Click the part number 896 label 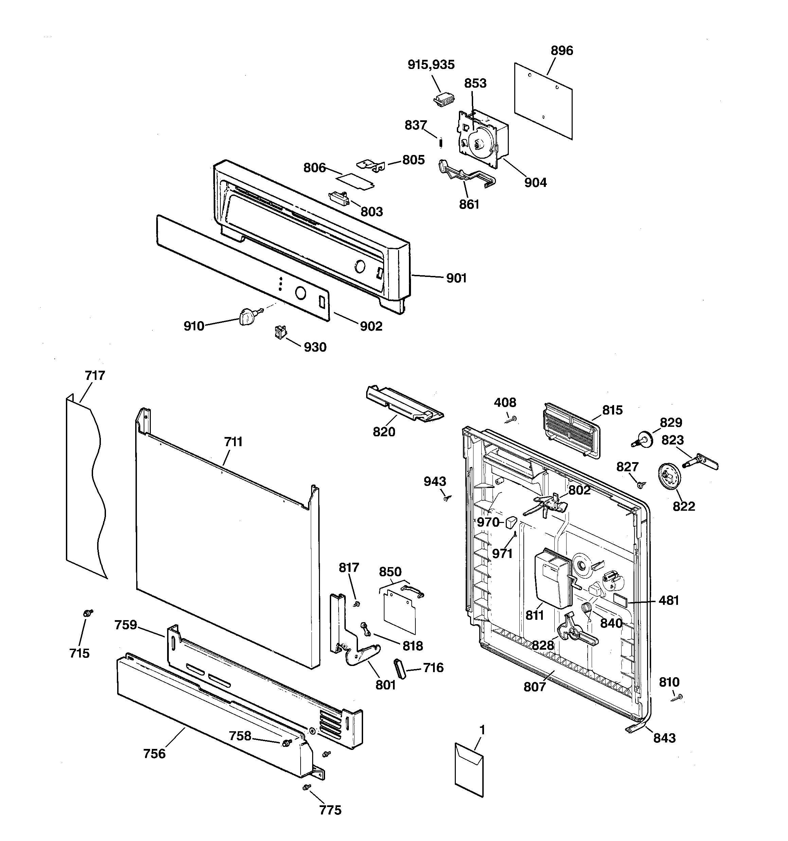[x=561, y=51]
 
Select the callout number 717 [x=95, y=375]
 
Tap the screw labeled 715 [x=88, y=613]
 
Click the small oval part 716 [x=400, y=668]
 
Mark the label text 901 [x=456, y=278]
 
